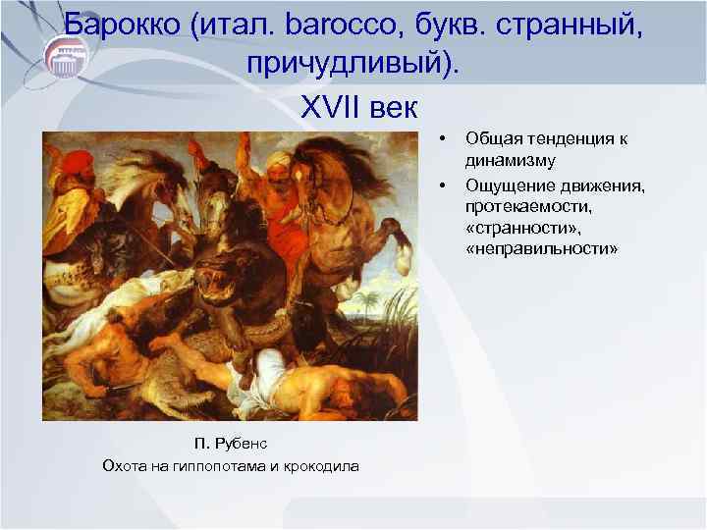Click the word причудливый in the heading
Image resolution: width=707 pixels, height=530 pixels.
pos(346,63)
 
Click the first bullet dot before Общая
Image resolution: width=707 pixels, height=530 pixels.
pos(444,138)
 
